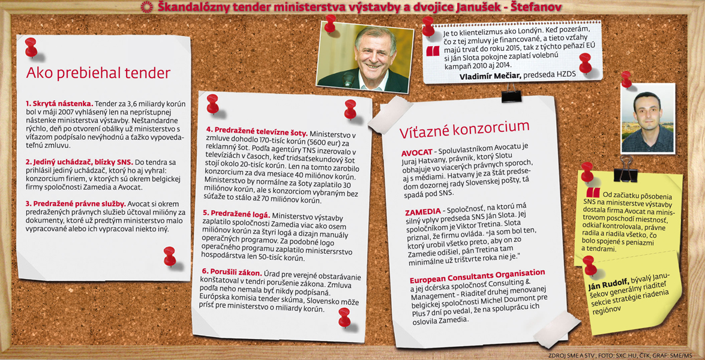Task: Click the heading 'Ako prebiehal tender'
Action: [x=98, y=73]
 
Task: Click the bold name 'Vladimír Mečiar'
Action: [x=490, y=76]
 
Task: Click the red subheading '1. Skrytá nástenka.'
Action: [x=59, y=103]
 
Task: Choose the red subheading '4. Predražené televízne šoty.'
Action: [x=257, y=131]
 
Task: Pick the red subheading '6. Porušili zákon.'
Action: [x=232, y=272]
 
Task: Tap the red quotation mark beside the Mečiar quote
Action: [x=433, y=51]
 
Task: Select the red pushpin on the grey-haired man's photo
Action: [x=330, y=23]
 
